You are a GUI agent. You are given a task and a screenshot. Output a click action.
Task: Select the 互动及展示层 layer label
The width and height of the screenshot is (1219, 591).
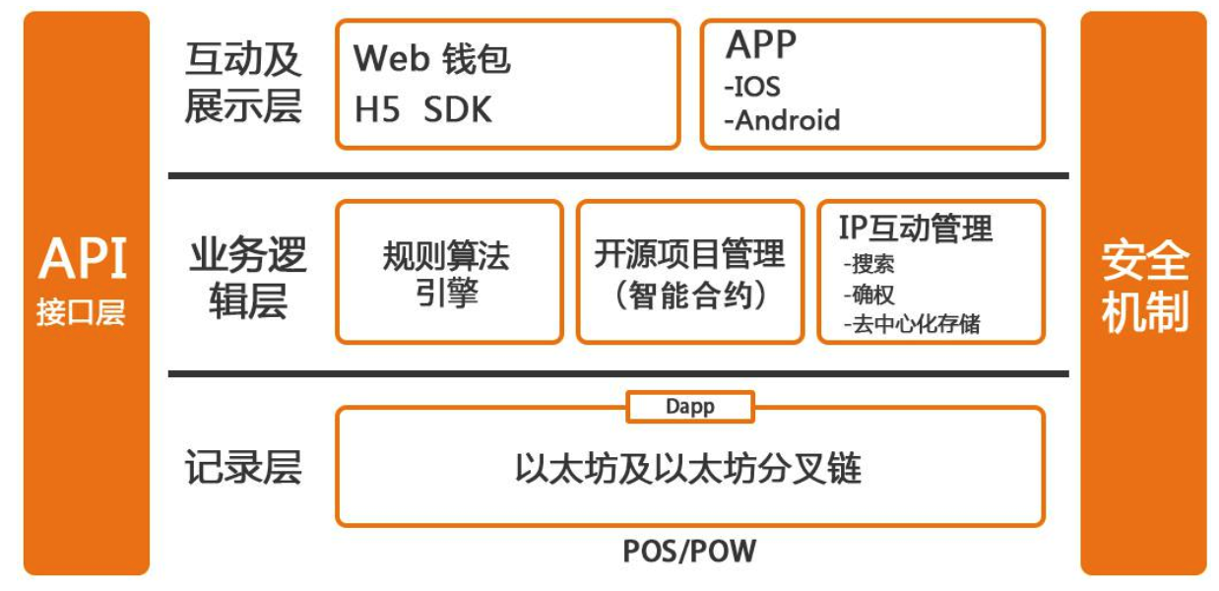tap(243, 84)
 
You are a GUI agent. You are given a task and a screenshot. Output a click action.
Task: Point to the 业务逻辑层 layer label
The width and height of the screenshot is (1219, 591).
tap(247, 278)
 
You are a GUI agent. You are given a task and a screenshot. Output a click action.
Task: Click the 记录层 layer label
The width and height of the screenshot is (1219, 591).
tap(242, 468)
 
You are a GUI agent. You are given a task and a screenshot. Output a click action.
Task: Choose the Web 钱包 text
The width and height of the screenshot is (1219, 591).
tap(432, 59)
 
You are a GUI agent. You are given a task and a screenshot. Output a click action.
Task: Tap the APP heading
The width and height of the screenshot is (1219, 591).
tap(761, 44)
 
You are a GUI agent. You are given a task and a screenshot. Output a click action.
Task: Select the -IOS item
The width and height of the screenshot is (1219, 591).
tap(752, 87)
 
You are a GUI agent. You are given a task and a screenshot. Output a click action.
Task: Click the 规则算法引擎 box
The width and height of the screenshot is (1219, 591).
tap(448, 273)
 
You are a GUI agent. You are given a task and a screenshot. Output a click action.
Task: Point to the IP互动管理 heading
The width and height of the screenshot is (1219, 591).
tap(916, 229)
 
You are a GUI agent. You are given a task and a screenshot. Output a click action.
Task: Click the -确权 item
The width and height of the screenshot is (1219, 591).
tap(868, 294)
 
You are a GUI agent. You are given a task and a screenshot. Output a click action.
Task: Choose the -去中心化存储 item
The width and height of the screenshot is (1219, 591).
tap(911, 323)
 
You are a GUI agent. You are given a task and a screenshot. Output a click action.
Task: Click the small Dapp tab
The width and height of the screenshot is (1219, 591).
tap(689, 407)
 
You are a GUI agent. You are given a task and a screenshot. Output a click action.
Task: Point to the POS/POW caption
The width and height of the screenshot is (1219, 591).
tap(689, 551)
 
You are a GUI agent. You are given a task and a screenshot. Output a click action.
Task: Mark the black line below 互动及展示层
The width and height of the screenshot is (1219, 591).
tap(618, 176)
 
